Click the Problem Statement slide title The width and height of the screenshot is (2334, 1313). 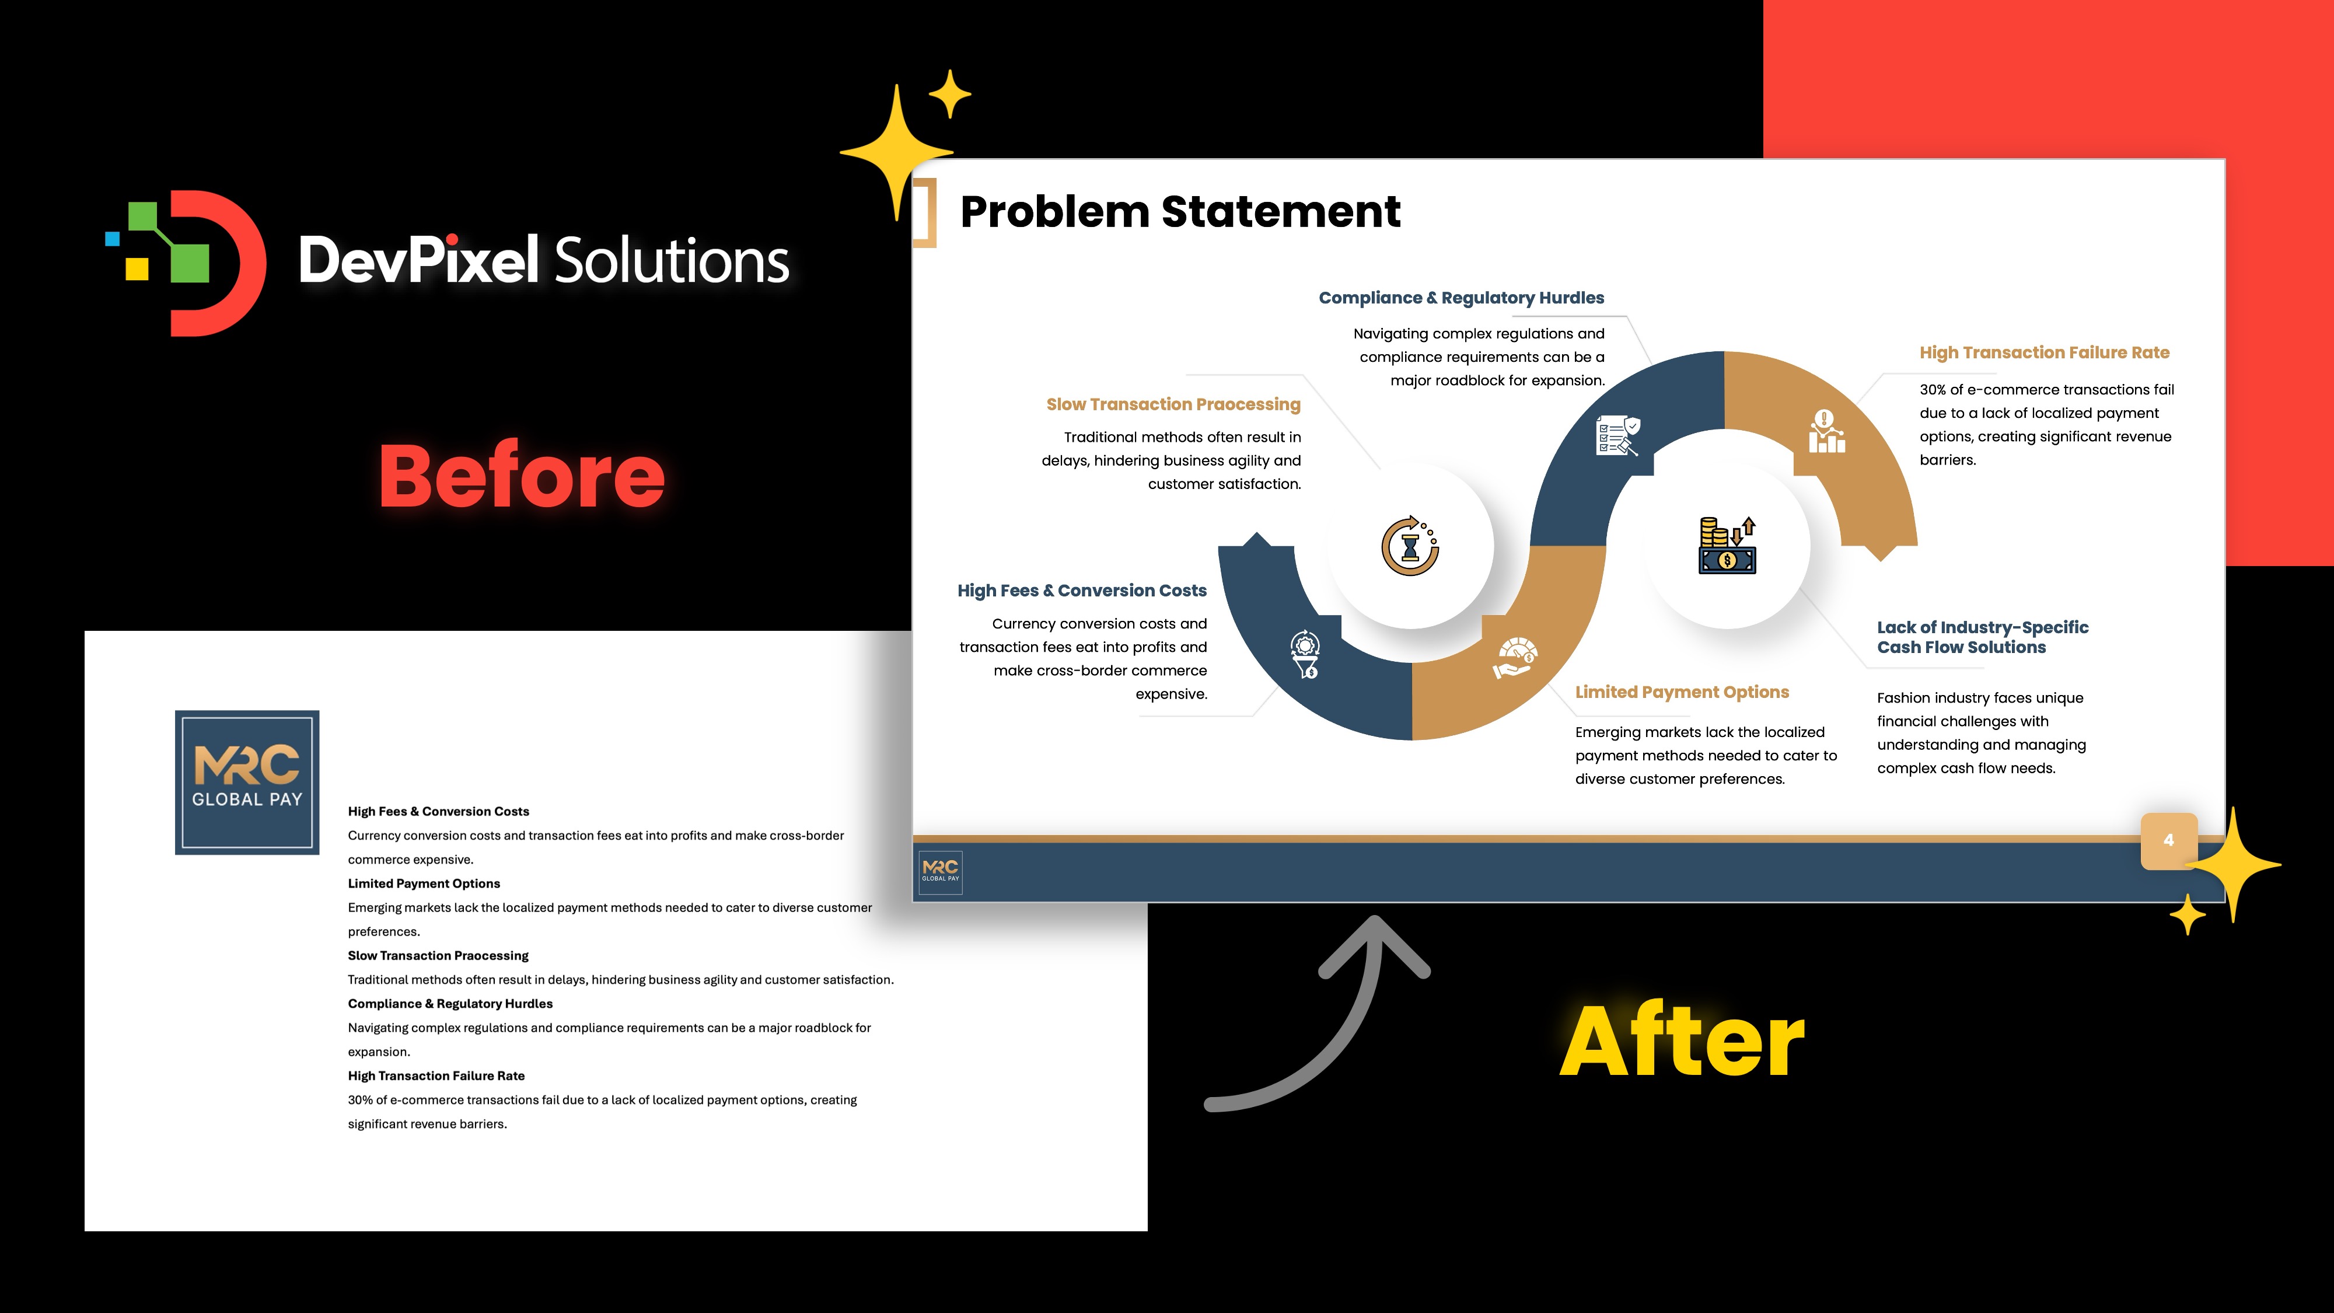pyautogui.click(x=1180, y=212)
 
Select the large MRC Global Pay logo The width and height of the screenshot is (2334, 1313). pyautogui.click(x=246, y=782)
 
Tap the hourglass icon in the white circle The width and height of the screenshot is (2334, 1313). pyautogui.click(x=1410, y=546)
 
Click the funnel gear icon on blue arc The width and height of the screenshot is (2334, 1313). pyautogui.click(x=1306, y=654)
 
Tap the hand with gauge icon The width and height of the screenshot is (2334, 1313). pyautogui.click(x=1515, y=659)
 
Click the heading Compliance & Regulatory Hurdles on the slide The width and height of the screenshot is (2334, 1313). pyautogui.click(x=1461, y=298)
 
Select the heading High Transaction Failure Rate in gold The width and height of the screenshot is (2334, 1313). pyautogui.click(x=2044, y=352)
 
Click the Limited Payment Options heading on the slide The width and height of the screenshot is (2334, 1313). pyautogui.click(x=1682, y=692)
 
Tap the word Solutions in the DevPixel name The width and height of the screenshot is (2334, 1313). pyautogui.click(x=670, y=261)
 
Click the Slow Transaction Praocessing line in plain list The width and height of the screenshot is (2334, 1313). pyautogui.click(x=438, y=955)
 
